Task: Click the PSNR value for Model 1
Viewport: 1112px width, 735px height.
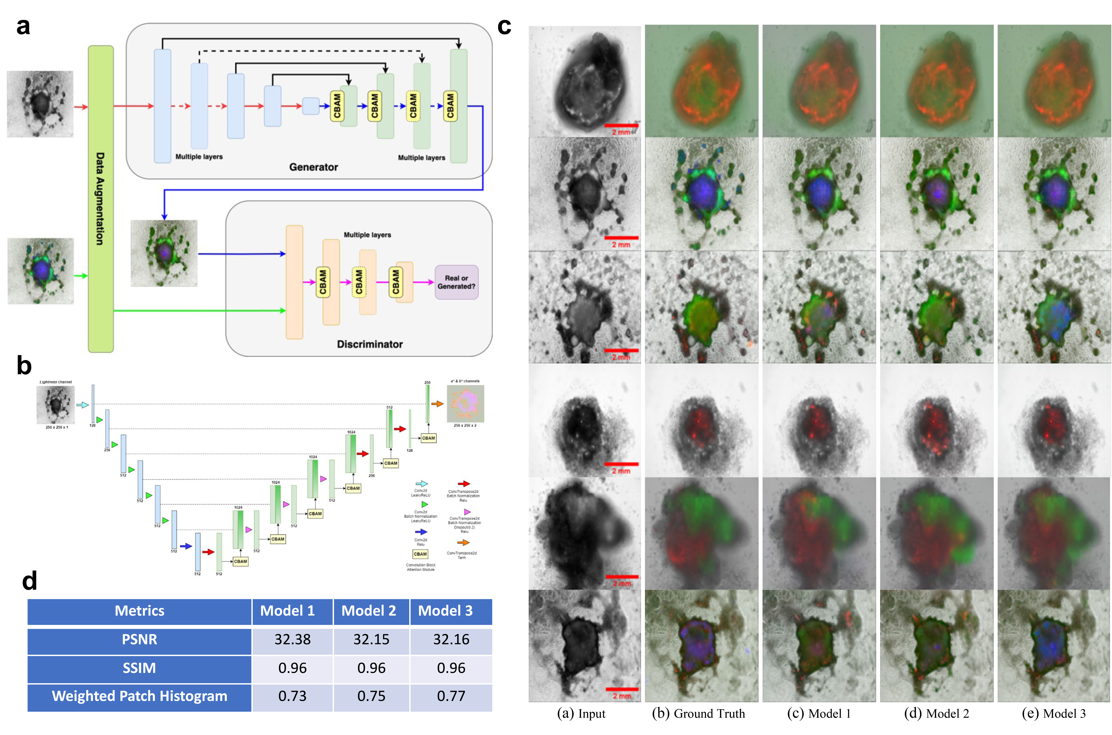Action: click(x=292, y=639)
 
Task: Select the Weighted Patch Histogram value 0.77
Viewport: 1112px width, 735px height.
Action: click(x=451, y=696)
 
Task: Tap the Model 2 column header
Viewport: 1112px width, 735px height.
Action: click(x=369, y=611)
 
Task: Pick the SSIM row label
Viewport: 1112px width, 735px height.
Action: click(x=139, y=668)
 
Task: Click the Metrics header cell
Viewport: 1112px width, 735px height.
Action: click(x=139, y=611)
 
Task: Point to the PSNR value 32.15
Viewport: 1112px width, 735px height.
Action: click(x=371, y=639)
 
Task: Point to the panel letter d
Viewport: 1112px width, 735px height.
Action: click(x=30, y=581)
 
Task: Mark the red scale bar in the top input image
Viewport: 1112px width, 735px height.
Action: click(x=621, y=126)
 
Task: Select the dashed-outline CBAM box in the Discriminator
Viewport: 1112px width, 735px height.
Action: click(x=359, y=282)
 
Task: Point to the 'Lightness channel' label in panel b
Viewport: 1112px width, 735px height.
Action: click(x=56, y=382)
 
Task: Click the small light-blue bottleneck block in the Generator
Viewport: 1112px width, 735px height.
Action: click(x=310, y=106)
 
